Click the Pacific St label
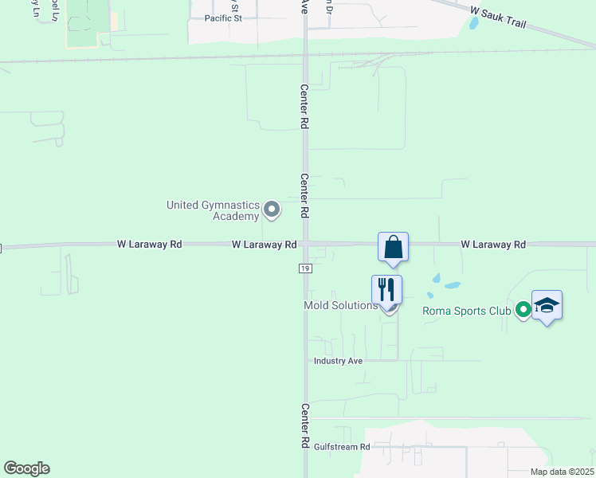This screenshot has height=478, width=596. (223, 18)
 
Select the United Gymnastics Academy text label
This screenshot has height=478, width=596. (214, 210)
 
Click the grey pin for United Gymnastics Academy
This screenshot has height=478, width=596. (272, 210)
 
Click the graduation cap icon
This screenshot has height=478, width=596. (547, 305)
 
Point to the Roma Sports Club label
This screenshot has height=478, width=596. (466, 311)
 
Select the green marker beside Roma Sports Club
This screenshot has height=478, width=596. (523, 310)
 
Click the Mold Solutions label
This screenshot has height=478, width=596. (340, 306)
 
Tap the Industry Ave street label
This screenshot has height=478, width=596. (338, 361)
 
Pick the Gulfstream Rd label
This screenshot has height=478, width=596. (343, 448)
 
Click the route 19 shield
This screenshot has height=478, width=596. (305, 269)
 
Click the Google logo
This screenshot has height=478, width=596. (26, 468)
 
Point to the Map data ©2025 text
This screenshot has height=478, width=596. (562, 472)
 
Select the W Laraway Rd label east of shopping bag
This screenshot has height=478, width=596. (493, 245)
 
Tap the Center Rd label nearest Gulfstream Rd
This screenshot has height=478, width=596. (304, 425)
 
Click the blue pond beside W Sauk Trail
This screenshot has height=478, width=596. (475, 23)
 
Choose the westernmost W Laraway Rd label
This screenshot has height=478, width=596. (150, 245)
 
